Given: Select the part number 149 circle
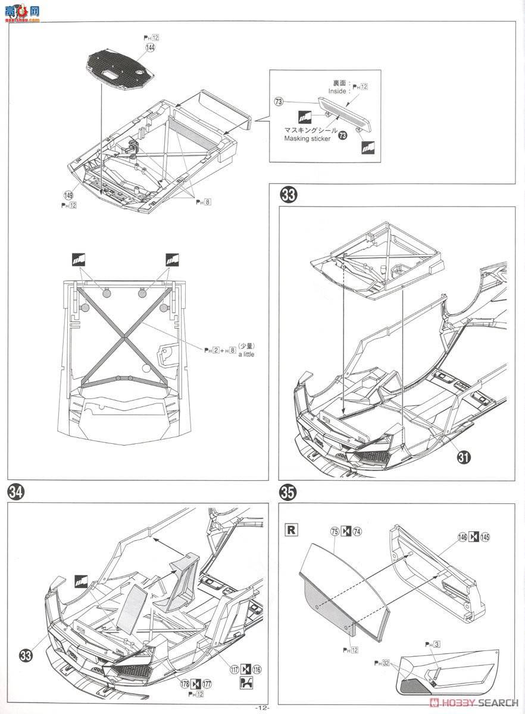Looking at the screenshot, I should pos(69,195).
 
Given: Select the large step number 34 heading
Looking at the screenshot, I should pos(16,492).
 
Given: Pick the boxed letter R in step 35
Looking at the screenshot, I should pos(292,529).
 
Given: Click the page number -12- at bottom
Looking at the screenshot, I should pos(262,708).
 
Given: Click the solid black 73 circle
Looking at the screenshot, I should pos(342,136).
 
